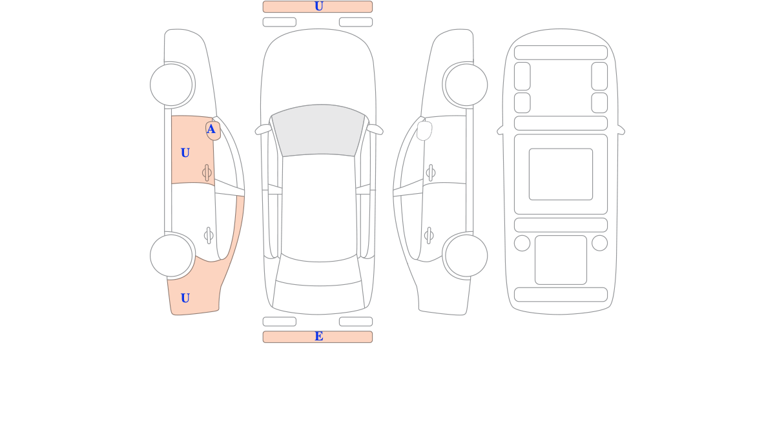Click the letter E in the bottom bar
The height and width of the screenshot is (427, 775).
(318, 336)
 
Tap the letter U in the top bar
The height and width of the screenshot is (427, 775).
(318, 6)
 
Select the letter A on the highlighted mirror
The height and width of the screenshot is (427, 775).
(211, 129)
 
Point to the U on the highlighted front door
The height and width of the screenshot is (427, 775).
(185, 152)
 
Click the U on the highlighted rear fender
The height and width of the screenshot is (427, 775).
(185, 298)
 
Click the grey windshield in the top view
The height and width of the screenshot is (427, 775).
(318, 130)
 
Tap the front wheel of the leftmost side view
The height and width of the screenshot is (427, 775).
(171, 85)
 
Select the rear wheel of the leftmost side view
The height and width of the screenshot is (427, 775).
(171, 256)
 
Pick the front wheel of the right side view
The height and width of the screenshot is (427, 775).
(466, 85)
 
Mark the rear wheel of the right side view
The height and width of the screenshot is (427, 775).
(466, 256)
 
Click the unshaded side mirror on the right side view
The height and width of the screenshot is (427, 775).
(424, 130)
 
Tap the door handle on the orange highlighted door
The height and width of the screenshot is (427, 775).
(207, 172)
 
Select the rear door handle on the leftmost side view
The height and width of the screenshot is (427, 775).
(209, 236)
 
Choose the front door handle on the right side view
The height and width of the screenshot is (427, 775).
(431, 172)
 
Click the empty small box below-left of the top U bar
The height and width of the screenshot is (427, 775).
(280, 22)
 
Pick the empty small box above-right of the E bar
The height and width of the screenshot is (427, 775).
(356, 322)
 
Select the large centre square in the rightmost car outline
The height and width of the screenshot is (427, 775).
(561, 174)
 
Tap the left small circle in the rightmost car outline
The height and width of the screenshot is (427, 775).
(522, 243)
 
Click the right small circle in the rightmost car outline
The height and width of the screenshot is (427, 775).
(599, 243)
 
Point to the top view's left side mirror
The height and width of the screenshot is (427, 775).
(263, 130)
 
